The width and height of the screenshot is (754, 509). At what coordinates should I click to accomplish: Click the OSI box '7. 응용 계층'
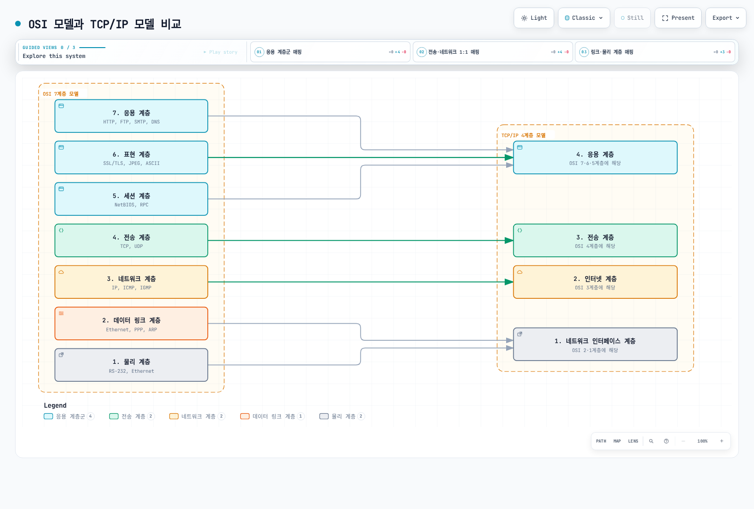[131, 116]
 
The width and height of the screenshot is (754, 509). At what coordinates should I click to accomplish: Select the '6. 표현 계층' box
[131, 157]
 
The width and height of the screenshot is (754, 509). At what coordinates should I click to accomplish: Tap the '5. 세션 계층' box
[131, 199]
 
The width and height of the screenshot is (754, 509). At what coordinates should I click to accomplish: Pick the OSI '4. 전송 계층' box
[131, 240]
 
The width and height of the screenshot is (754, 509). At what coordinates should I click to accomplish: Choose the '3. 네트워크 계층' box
[131, 282]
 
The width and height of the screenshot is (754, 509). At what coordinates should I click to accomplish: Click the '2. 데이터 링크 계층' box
[131, 323]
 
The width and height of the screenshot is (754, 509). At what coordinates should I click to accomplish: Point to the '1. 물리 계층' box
[131, 365]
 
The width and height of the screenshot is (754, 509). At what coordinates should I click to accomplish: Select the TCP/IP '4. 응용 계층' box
[595, 157]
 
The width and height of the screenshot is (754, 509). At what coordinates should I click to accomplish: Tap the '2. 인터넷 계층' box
[595, 282]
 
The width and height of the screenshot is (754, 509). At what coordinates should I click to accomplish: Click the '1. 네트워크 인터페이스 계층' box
[595, 345]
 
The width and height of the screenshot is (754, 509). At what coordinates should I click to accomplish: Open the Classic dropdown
[584, 18]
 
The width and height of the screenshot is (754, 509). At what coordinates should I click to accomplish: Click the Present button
[678, 18]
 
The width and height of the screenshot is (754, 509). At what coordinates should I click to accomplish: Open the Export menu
[726, 18]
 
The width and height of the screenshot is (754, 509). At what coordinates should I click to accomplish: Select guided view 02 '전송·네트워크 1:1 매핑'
[493, 52]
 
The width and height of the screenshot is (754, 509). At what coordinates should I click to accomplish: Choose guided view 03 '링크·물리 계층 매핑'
[655, 52]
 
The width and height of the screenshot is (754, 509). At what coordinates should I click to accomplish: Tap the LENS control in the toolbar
[633, 441]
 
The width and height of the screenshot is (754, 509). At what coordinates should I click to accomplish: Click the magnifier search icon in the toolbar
[651, 441]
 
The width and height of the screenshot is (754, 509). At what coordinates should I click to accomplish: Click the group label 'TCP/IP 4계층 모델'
[524, 135]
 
